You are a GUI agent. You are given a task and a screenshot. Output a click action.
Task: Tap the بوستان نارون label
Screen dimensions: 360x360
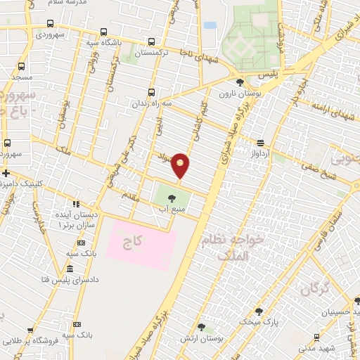[x=235, y=94]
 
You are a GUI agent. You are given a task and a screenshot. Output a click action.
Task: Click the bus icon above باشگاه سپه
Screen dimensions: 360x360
[x=104, y=32]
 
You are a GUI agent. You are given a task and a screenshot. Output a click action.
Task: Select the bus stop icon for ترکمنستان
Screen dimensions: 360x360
[x=153, y=41]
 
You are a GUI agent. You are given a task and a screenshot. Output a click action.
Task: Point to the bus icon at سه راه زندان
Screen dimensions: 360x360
[x=152, y=92]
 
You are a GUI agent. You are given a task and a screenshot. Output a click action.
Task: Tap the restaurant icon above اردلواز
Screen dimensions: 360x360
[x=261, y=141]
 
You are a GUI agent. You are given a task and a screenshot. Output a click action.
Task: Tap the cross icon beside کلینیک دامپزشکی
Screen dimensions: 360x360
[x=6, y=172]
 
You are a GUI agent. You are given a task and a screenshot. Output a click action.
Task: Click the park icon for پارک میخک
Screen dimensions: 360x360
[x=259, y=311]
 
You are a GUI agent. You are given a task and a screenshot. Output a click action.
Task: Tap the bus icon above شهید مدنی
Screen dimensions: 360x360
[x=317, y=337]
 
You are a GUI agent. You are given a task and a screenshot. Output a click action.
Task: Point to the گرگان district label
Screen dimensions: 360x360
[x=314, y=288]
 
